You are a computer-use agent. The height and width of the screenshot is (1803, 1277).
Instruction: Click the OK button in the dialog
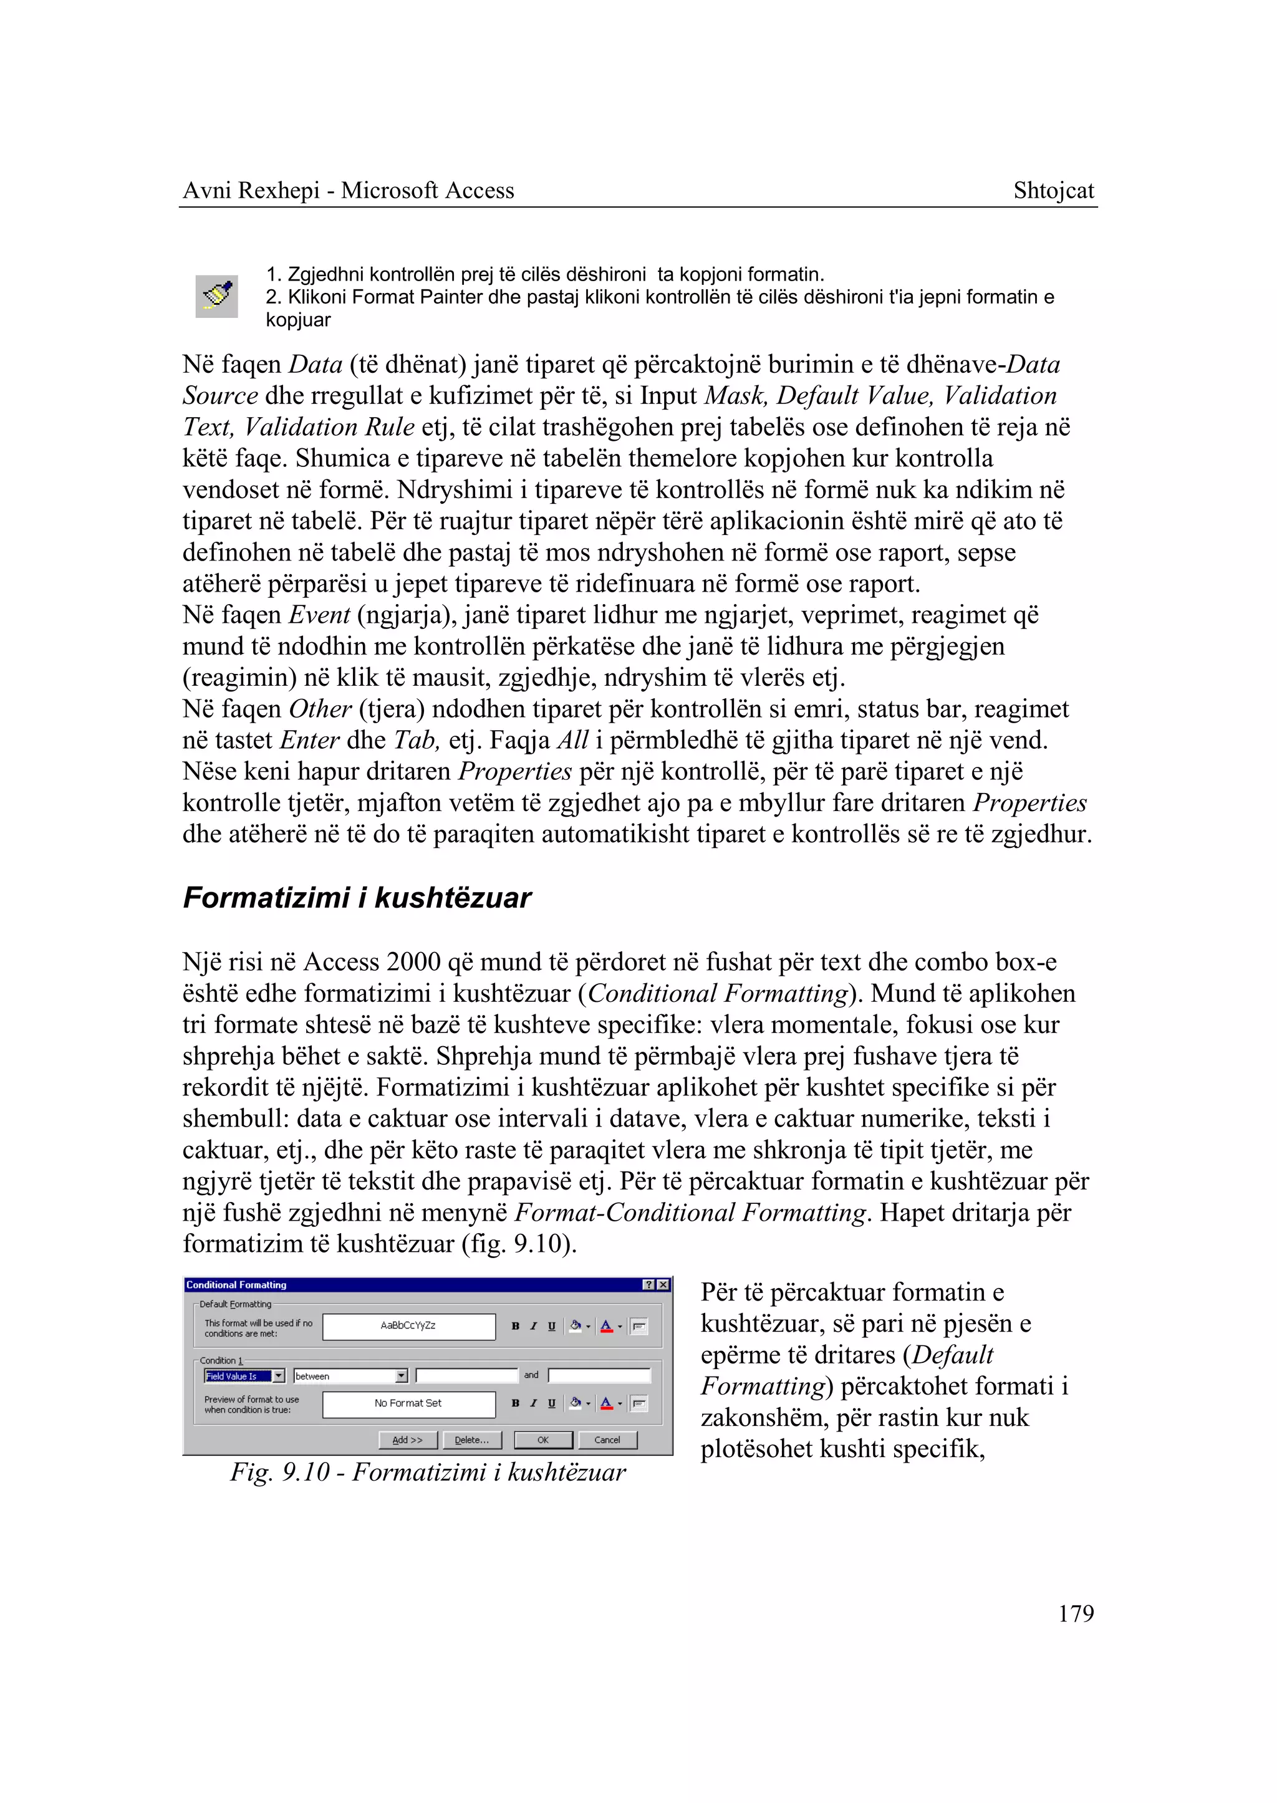tap(542, 1440)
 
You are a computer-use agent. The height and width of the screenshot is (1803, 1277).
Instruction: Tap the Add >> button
tap(407, 1440)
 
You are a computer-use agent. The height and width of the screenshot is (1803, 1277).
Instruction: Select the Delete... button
tap(472, 1440)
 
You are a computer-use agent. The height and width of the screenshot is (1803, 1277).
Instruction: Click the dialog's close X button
tap(663, 1285)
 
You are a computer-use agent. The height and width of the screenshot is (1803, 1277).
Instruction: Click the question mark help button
tap(648, 1285)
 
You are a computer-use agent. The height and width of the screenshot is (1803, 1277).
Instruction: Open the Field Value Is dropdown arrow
tap(278, 1376)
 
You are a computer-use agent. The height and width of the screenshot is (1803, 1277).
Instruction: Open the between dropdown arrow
tap(402, 1376)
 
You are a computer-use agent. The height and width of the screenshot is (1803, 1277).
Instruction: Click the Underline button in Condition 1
tap(551, 1403)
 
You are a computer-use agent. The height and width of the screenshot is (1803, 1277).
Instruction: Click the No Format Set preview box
tap(409, 1403)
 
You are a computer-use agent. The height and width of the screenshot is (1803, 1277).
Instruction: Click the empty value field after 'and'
tap(599, 1375)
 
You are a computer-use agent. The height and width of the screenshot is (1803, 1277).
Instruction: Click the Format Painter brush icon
tap(217, 296)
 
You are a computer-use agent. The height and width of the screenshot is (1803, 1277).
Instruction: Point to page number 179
tap(1076, 1613)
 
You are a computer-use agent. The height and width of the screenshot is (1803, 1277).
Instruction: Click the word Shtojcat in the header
tap(1053, 190)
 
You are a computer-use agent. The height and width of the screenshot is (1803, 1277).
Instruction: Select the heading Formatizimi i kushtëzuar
tap(357, 898)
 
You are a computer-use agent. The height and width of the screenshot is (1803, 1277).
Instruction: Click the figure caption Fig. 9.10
tap(428, 1472)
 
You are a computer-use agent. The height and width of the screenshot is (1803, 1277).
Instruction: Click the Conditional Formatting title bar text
tap(237, 1285)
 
